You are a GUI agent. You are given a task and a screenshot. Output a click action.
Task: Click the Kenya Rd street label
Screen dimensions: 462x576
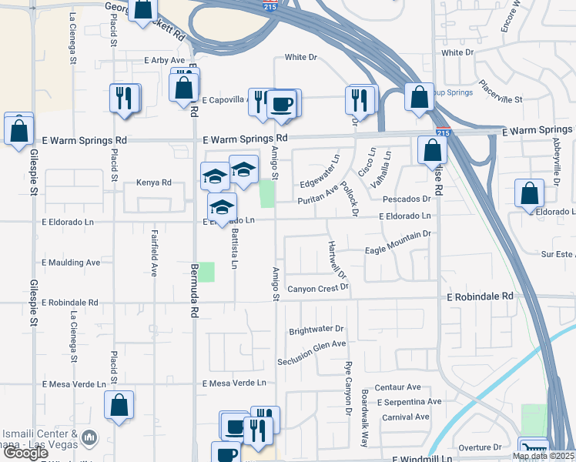pyautogui.click(x=153, y=183)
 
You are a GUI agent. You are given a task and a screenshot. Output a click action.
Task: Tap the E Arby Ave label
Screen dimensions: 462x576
pyautogui.click(x=164, y=60)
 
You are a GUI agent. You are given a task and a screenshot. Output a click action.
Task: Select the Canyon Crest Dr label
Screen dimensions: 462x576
pyautogui.click(x=318, y=289)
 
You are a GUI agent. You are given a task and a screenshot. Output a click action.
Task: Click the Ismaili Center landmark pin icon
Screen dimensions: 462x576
pyautogui.click(x=89, y=437)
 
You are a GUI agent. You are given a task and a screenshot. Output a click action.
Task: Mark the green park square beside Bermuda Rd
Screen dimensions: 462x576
pyautogui.click(x=206, y=271)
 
